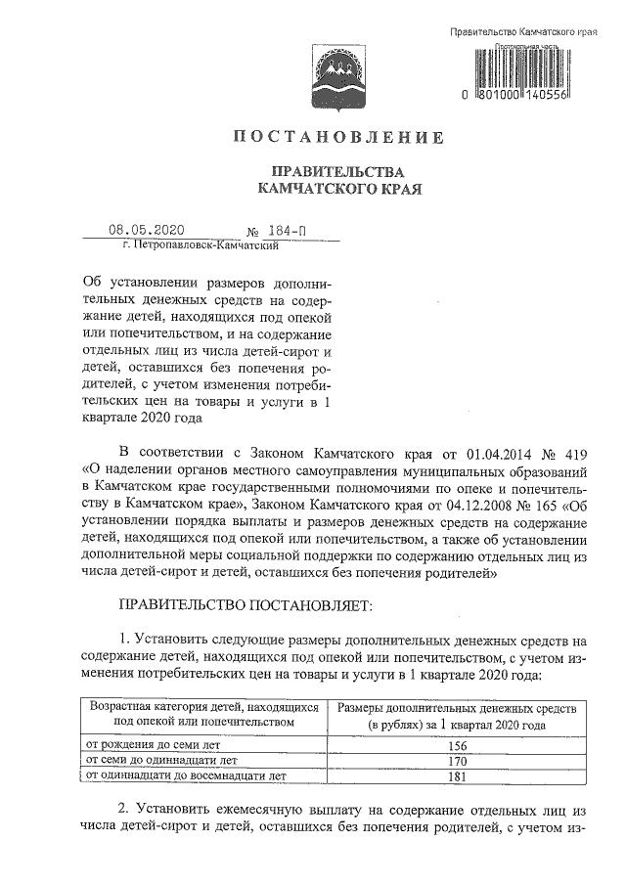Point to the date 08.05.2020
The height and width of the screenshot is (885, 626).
(147, 230)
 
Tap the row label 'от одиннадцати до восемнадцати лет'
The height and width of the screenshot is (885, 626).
(186, 776)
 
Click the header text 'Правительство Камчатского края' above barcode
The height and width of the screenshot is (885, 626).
(523, 32)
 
